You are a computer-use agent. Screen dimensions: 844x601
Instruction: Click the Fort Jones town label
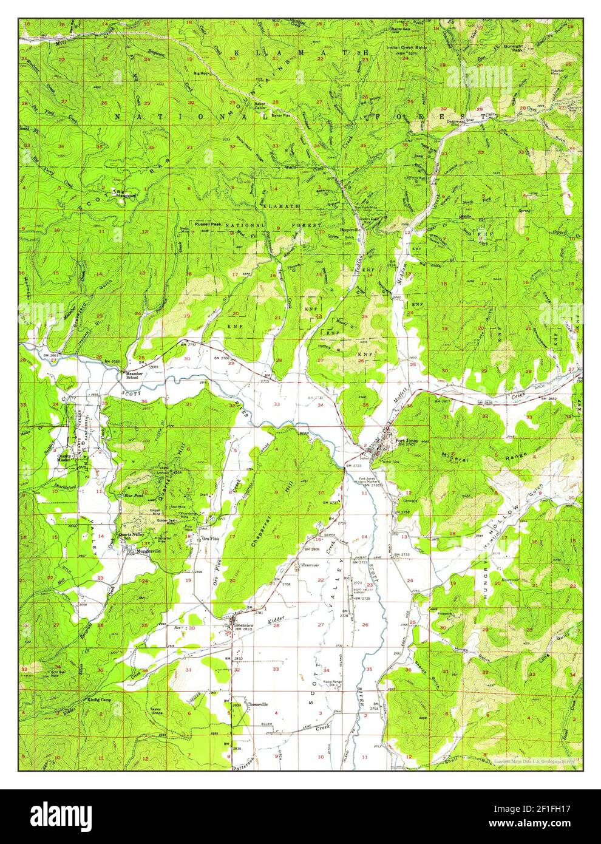(x=407, y=440)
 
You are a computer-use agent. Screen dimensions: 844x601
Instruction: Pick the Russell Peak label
(x=207, y=223)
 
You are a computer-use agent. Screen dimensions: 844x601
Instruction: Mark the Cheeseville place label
(x=257, y=704)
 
